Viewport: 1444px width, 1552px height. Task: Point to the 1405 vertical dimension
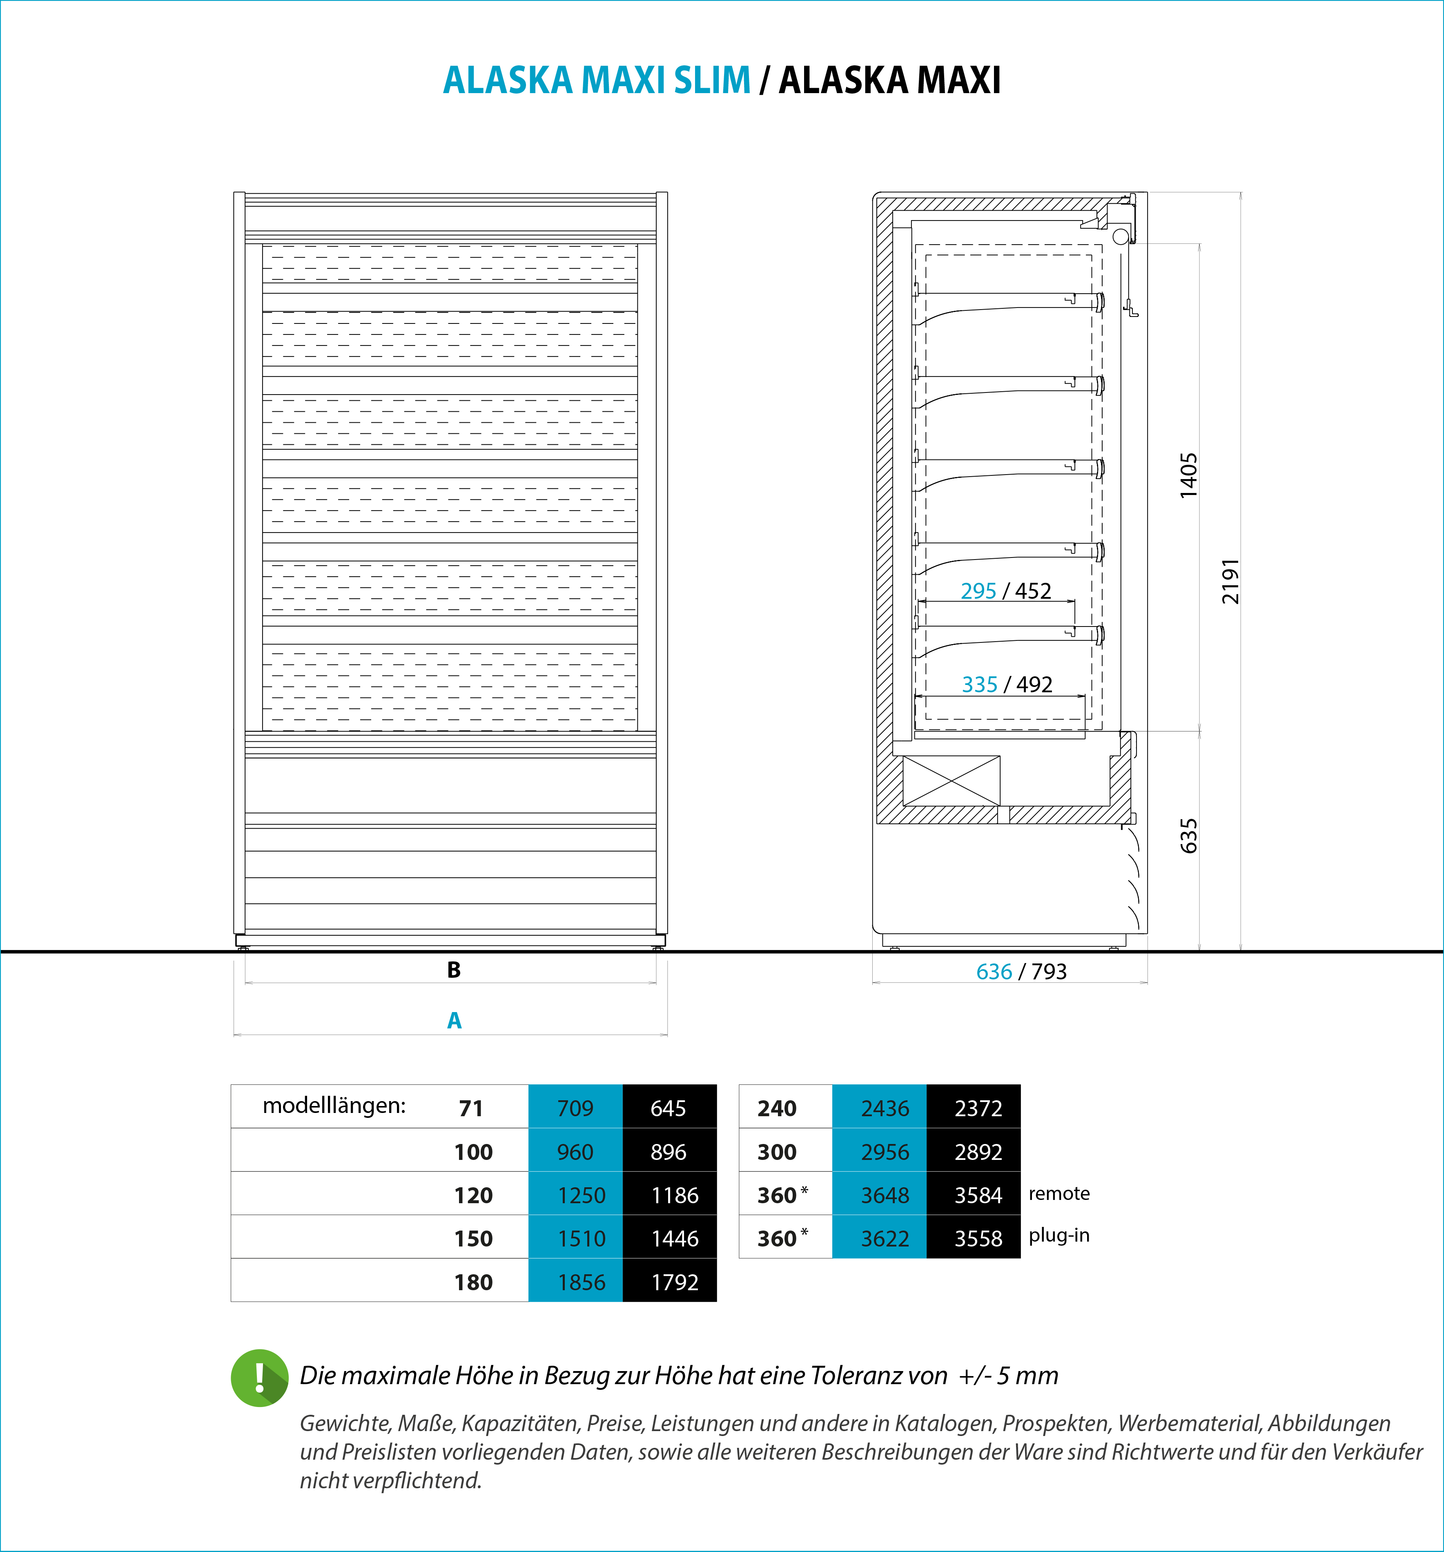[1188, 475]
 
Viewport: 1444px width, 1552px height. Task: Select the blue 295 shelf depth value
[978, 591]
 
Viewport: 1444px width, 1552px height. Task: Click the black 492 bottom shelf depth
[1034, 685]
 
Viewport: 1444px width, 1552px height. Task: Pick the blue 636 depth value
[994, 972]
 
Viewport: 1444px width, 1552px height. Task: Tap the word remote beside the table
[1058, 1194]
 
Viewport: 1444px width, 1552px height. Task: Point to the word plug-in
[1058, 1236]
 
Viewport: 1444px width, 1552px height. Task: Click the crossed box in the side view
[951, 780]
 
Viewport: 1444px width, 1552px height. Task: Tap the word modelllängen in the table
[334, 1106]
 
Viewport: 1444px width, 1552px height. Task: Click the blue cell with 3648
[885, 1195]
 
